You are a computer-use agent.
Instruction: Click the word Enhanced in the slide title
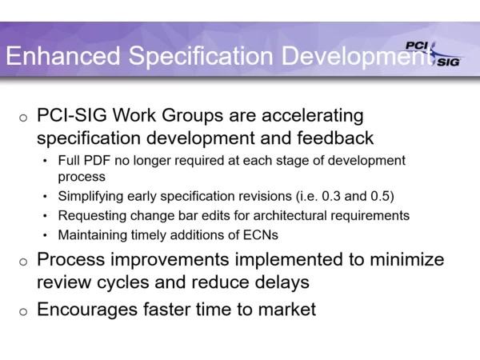click(x=63, y=55)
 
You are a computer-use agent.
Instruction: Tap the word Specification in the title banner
click(x=201, y=57)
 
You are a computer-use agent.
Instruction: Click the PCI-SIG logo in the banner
click(x=433, y=54)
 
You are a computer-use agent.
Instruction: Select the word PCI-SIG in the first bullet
click(x=72, y=115)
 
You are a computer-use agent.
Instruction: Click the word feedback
click(x=335, y=138)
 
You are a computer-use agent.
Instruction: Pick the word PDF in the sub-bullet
click(x=97, y=161)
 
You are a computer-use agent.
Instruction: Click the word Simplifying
click(x=90, y=197)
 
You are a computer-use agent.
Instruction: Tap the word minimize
click(x=407, y=259)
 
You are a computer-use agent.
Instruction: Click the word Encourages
click(x=87, y=310)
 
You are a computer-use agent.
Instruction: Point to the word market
click(x=287, y=309)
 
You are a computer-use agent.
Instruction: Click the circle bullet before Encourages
click(x=23, y=312)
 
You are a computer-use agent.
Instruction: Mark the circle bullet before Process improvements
click(x=23, y=262)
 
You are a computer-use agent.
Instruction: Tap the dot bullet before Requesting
click(x=45, y=216)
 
